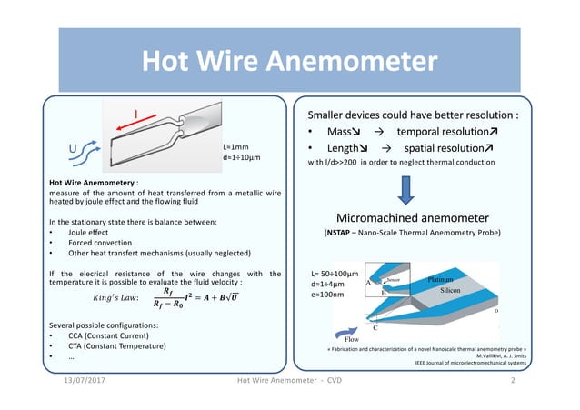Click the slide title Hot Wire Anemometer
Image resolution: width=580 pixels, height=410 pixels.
click(x=289, y=62)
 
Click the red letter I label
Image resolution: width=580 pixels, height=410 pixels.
click(x=137, y=114)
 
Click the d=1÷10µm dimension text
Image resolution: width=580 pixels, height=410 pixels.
click(x=242, y=157)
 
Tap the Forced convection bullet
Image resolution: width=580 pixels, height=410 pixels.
click(x=95, y=243)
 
